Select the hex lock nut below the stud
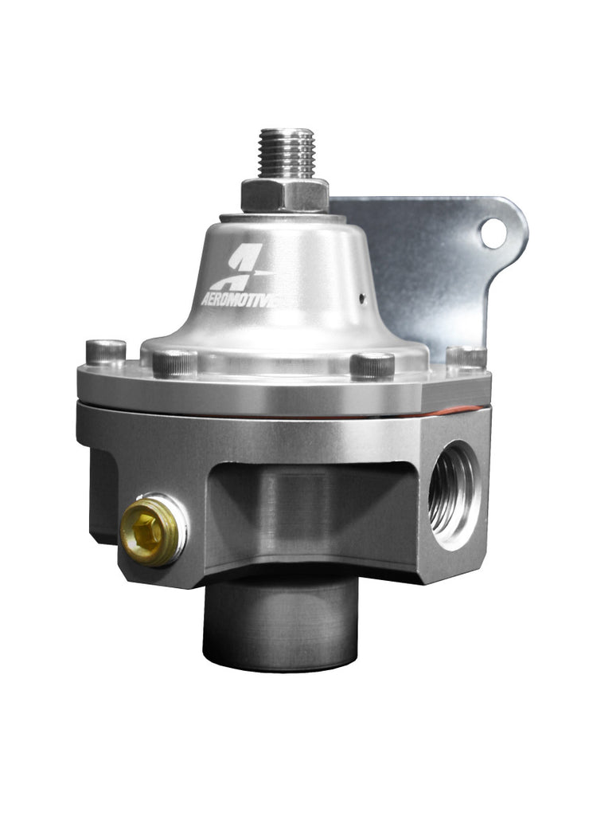pos(285,194)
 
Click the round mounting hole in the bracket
pos(493,233)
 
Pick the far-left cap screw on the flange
pos(106,352)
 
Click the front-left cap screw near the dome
pos(174,363)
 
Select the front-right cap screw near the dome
pos(372,364)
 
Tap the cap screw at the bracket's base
pos(466,357)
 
